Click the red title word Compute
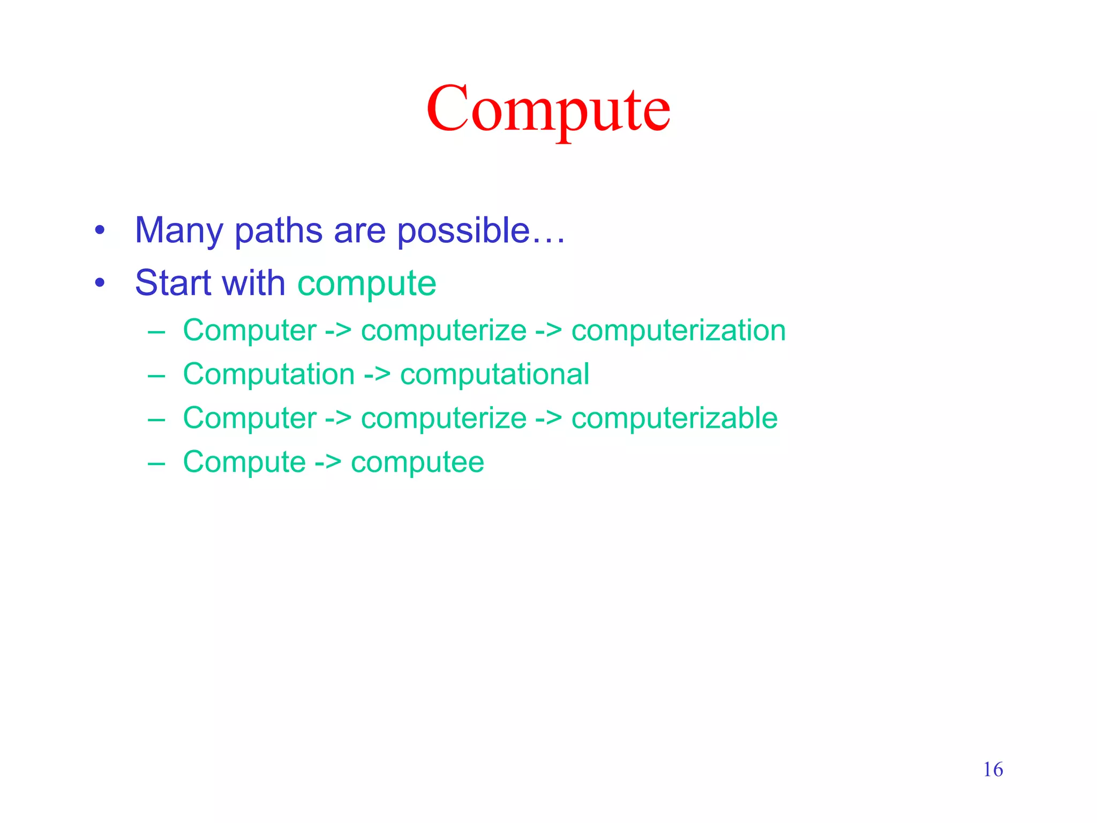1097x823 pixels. click(548, 110)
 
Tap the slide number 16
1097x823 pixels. click(993, 769)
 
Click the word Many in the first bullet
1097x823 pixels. click(178, 230)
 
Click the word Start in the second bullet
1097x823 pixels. click(172, 282)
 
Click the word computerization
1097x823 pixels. click(678, 330)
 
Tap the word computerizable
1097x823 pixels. click(674, 418)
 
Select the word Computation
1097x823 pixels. click(268, 374)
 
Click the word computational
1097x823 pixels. click(494, 374)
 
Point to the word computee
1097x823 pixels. click(417, 462)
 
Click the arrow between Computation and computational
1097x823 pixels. click(377, 375)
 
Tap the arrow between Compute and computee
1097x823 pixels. click(328, 462)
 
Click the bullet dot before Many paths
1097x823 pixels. click(100, 231)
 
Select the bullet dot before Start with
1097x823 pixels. click(100, 283)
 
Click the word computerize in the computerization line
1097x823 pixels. click(444, 330)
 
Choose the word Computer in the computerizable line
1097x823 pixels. click(250, 418)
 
